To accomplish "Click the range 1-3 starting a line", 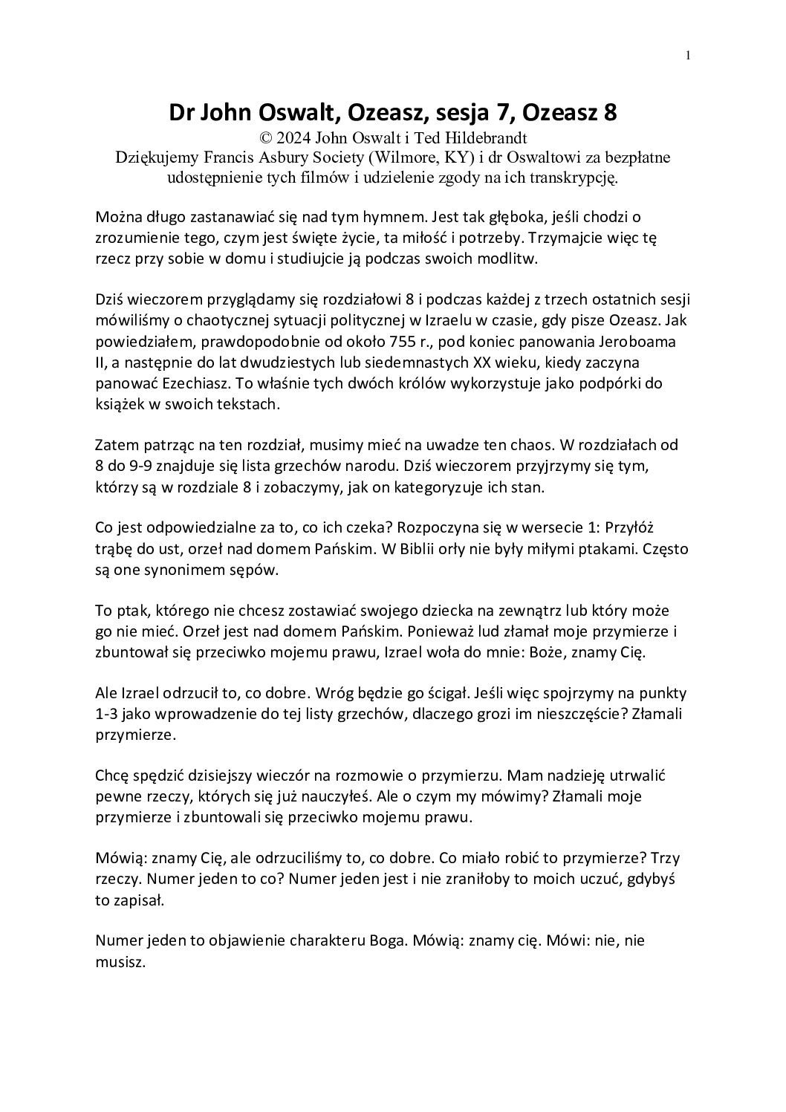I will (110, 714).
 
